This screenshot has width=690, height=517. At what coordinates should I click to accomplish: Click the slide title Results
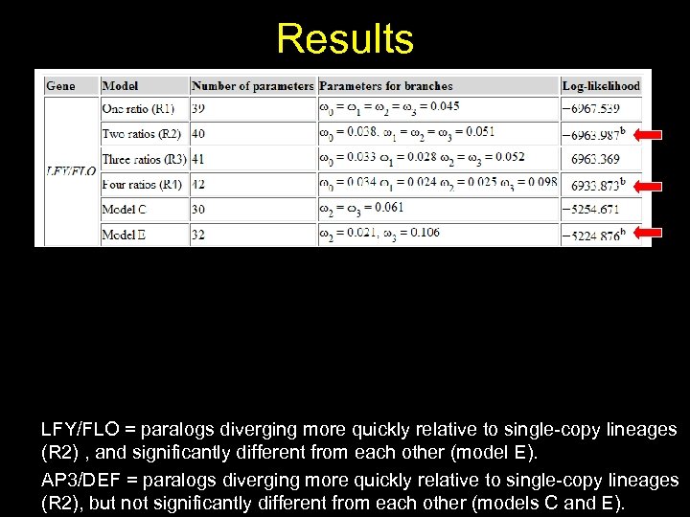tap(345, 39)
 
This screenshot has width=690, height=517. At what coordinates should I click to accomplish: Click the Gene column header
tap(60, 86)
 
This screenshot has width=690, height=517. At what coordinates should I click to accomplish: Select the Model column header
tap(120, 86)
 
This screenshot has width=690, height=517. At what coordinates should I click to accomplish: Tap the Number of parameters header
tap(253, 86)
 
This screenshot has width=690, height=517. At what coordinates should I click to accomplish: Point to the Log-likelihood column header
tap(601, 86)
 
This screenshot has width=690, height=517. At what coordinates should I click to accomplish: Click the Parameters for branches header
tap(386, 86)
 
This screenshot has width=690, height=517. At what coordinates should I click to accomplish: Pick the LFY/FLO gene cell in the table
tap(71, 171)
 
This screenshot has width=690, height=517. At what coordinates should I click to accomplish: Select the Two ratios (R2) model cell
tap(143, 133)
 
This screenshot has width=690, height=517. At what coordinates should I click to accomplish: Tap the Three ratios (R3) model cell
tap(145, 159)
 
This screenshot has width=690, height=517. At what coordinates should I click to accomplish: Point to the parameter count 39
tap(198, 108)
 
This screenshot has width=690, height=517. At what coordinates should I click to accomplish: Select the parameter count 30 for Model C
tap(198, 209)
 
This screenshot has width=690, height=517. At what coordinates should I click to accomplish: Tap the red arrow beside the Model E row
tap(648, 233)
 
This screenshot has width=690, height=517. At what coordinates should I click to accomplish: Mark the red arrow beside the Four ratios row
tap(648, 185)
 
